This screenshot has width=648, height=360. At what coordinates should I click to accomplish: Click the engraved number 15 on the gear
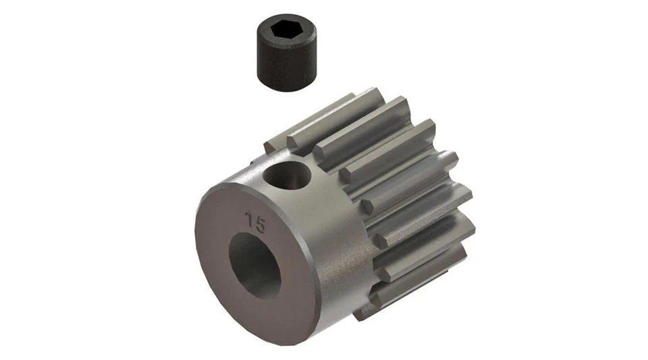pyautogui.click(x=255, y=221)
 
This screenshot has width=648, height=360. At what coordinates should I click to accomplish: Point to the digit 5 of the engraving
pyautogui.click(x=261, y=223)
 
